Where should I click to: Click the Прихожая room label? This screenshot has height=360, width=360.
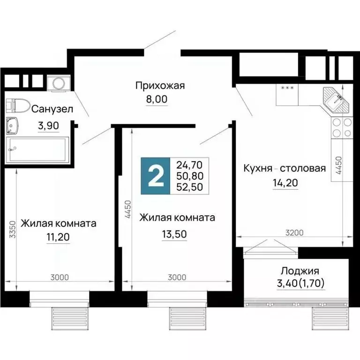[160, 85]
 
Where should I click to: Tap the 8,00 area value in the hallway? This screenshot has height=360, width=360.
[156, 99]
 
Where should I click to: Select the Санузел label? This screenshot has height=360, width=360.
[52, 109]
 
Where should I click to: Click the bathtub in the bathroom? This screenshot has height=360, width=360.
[37, 150]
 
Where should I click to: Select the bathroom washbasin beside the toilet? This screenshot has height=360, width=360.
[13, 126]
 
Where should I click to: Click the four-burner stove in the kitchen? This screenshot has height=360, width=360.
[342, 127]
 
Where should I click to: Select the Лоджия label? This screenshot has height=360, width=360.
[300, 270]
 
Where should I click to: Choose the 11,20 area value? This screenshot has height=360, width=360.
[58, 238]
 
